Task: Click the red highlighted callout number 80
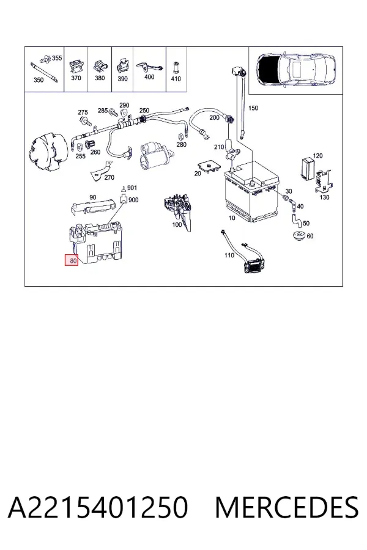pyautogui.click(x=72, y=260)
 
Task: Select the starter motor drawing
pyautogui.click(x=155, y=156)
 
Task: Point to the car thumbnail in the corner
pyautogui.click(x=296, y=71)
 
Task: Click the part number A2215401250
pyautogui.click(x=98, y=507)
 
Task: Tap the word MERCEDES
pyautogui.click(x=287, y=507)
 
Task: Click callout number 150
pyautogui.click(x=253, y=108)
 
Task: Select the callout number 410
pyautogui.click(x=176, y=79)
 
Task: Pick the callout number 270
pyautogui.click(x=109, y=177)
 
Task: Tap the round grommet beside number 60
pyautogui.click(x=299, y=236)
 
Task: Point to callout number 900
pyautogui.click(x=133, y=200)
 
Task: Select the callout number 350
pyautogui.click(x=39, y=80)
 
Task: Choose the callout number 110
pyautogui.click(x=229, y=255)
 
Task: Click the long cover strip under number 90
pyautogui.click(x=94, y=207)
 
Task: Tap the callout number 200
pyautogui.click(x=214, y=117)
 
